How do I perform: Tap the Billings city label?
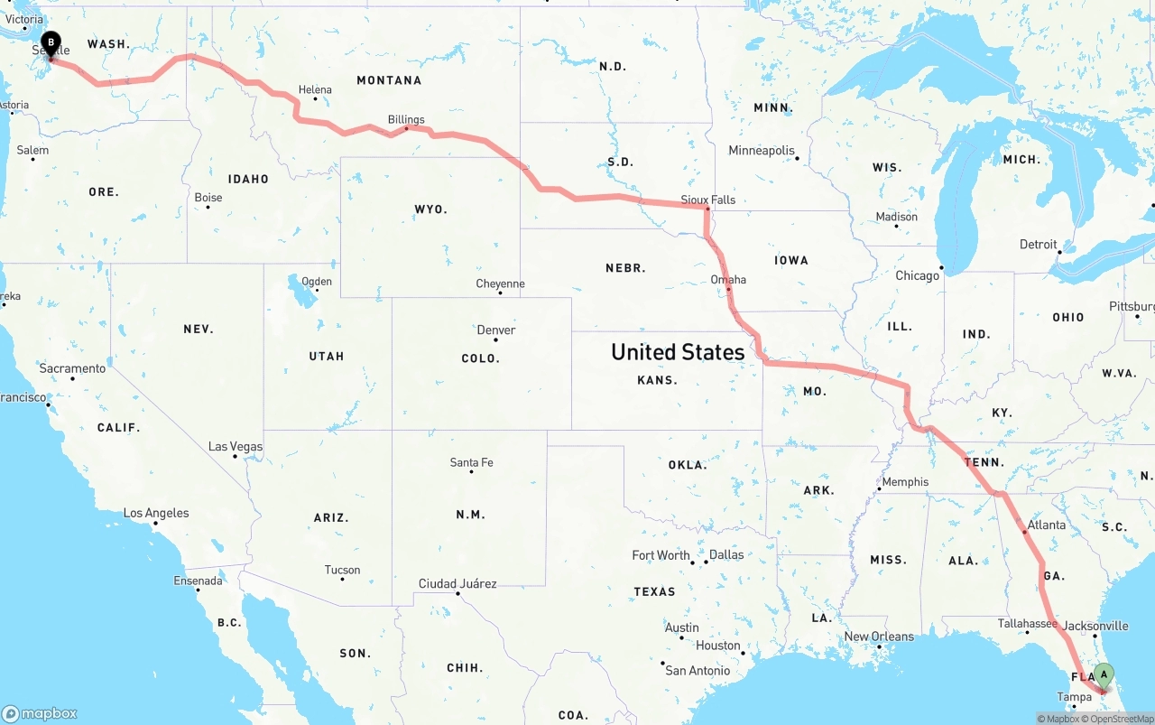(406, 119)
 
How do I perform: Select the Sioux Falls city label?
(707, 200)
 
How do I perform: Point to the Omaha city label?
(728, 279)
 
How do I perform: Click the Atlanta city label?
(1047, 525)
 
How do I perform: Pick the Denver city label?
(496, 330)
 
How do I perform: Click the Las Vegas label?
(236, 446)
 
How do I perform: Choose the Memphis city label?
(905, 481)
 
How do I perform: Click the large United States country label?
(678, 351)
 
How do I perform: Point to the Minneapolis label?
(762, 150)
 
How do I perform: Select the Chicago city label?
(917, 275)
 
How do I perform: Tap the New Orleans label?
(878, 636)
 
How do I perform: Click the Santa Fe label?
(471, 462)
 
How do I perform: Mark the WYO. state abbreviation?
(430, 209)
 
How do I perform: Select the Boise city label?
(208, 198)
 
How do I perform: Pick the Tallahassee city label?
(1027, 623)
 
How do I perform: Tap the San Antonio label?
(698, 670)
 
